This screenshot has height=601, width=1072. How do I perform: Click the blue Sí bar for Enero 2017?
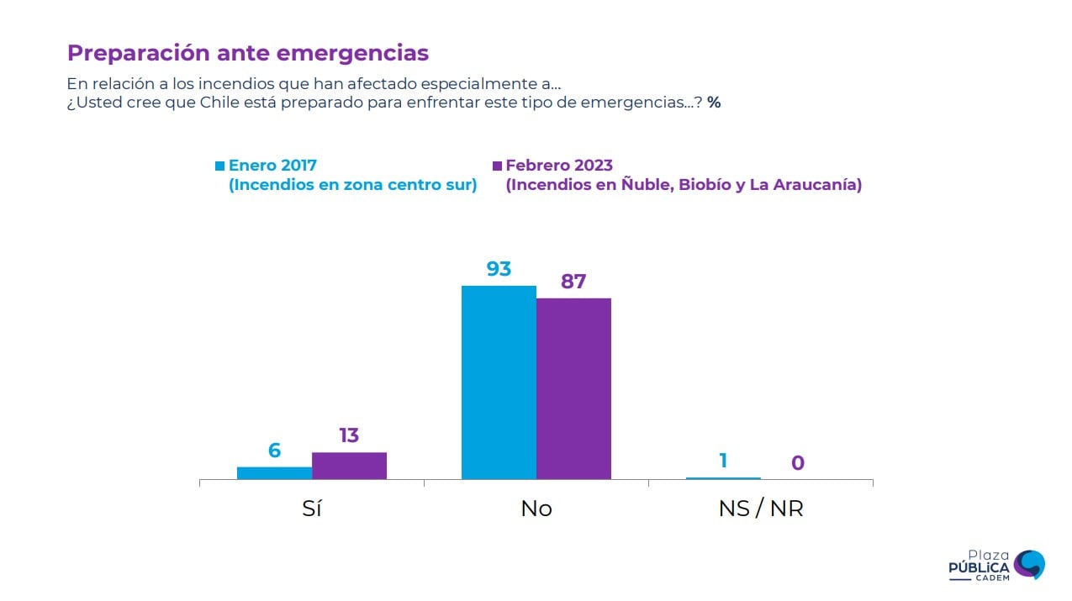tap(274, 473)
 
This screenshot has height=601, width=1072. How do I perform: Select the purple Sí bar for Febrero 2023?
tap(349, 466)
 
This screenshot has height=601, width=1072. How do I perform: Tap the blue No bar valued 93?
tap(499, 382)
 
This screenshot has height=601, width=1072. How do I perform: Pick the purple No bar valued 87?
tap(573, 388)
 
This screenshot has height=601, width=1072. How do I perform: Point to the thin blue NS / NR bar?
tap(723, 478)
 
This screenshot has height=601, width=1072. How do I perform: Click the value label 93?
tap(499, 269)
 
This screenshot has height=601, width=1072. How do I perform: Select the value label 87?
tap(573, 282)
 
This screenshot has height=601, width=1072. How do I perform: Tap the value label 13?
tap(349, 435)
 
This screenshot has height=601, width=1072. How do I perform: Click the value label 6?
tap(274, 451)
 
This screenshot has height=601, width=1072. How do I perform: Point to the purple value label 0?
tap(798, 463)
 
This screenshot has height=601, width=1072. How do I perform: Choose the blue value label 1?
tap(723, 461)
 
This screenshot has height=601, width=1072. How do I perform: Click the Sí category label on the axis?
tap(312, 509)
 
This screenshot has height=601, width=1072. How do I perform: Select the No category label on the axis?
tap(536, 509)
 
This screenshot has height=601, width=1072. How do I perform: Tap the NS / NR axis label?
tap(761, 509)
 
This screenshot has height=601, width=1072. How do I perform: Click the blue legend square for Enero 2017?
tap(220, 166)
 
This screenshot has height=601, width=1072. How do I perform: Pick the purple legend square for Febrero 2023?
tap(497, 166)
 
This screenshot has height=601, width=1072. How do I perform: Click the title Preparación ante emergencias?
tap(248, 53)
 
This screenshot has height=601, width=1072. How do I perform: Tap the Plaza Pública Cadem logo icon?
tap(1029, 564)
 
